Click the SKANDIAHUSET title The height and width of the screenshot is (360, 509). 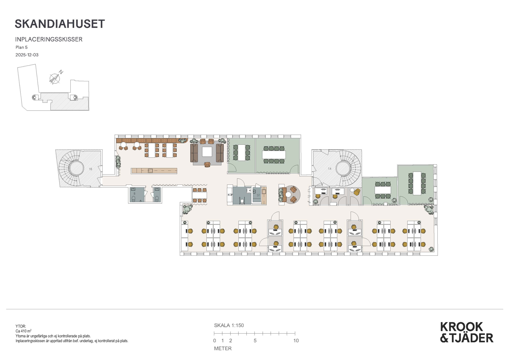(x=60, y=24)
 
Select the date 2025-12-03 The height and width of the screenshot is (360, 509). (x=27, y=55)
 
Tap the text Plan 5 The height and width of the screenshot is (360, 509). (x=22, y=47)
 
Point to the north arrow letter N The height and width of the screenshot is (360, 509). (x=61, y=72)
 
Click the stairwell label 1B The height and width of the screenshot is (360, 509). (x=91, y=169)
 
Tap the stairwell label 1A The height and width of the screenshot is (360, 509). (x=329, y=169)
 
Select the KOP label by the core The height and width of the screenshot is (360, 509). (x=230, y=195)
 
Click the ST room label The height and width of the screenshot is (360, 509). (x=258, y=195)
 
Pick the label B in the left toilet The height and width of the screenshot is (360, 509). (x=135, y=194)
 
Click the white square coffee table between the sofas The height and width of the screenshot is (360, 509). (x=207, y=152)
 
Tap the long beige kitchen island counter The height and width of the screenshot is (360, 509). (x=154, y=171)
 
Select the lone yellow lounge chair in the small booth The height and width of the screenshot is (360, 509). (x=357, y=192)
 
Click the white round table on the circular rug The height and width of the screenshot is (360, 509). (x=288, y=195)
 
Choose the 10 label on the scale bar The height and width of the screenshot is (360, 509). (x=296, y=340)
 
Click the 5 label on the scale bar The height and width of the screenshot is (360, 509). (x=255, y=340)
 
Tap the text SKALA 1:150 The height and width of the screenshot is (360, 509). (x=229, y=325)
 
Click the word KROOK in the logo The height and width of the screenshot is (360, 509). (x=461, y=327)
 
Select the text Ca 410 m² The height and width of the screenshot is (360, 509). (x=23, y=331)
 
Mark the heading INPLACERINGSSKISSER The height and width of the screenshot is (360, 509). (x=49, y=39)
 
